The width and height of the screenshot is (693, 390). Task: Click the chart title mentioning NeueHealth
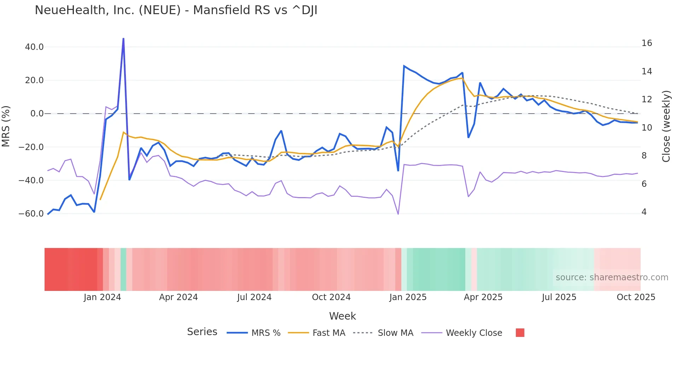tap(176, 10)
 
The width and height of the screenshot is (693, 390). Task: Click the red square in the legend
tap(520, 333)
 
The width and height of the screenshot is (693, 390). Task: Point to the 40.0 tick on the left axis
tap(34, 47)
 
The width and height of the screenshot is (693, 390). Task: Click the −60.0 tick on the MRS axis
tap(31, 214)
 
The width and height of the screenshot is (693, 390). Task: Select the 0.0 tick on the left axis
tap(37, 114)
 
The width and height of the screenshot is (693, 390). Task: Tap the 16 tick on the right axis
tap(647, 43)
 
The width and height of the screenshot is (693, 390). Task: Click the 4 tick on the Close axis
tap(644, 212)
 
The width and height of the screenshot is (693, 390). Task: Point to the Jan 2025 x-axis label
tap(408, 297)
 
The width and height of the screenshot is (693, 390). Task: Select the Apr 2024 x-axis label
tap(178, 297)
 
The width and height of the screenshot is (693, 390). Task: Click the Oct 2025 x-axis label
tap(636, 297)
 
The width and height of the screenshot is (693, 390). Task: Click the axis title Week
tap(342, 316)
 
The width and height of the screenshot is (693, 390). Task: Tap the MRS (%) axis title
tap(6, 126)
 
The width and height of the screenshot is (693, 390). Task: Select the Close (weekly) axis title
tap(666, 126)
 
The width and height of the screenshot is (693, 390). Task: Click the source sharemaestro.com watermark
tap(612, 277)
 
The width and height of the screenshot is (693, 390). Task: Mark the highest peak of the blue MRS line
tap(123, 39)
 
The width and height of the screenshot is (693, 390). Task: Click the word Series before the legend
tap(202, 332)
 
